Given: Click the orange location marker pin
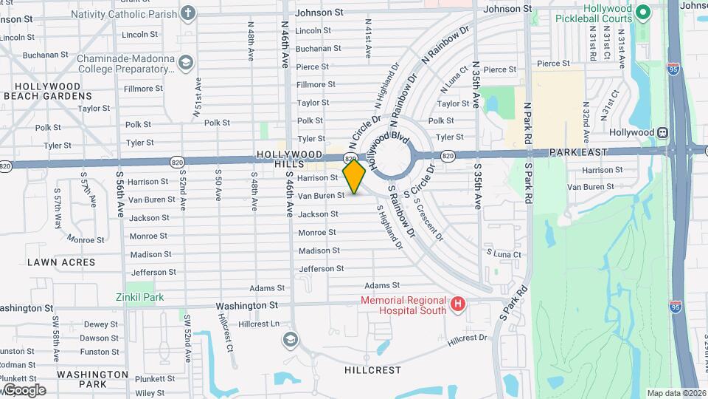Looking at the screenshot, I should pos(355,176).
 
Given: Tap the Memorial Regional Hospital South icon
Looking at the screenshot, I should pos(458,304).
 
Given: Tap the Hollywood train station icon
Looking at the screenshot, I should pos(663,132).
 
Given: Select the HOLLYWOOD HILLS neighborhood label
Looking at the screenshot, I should pos(291,160).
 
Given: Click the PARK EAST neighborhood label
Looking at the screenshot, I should pos(578,151).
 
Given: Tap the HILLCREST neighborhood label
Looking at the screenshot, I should pos(372,369).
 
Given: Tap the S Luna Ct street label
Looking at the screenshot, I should pos(503,254).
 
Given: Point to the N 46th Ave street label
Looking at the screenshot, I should pos(285,44).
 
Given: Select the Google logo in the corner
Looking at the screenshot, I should pos(24,389).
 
